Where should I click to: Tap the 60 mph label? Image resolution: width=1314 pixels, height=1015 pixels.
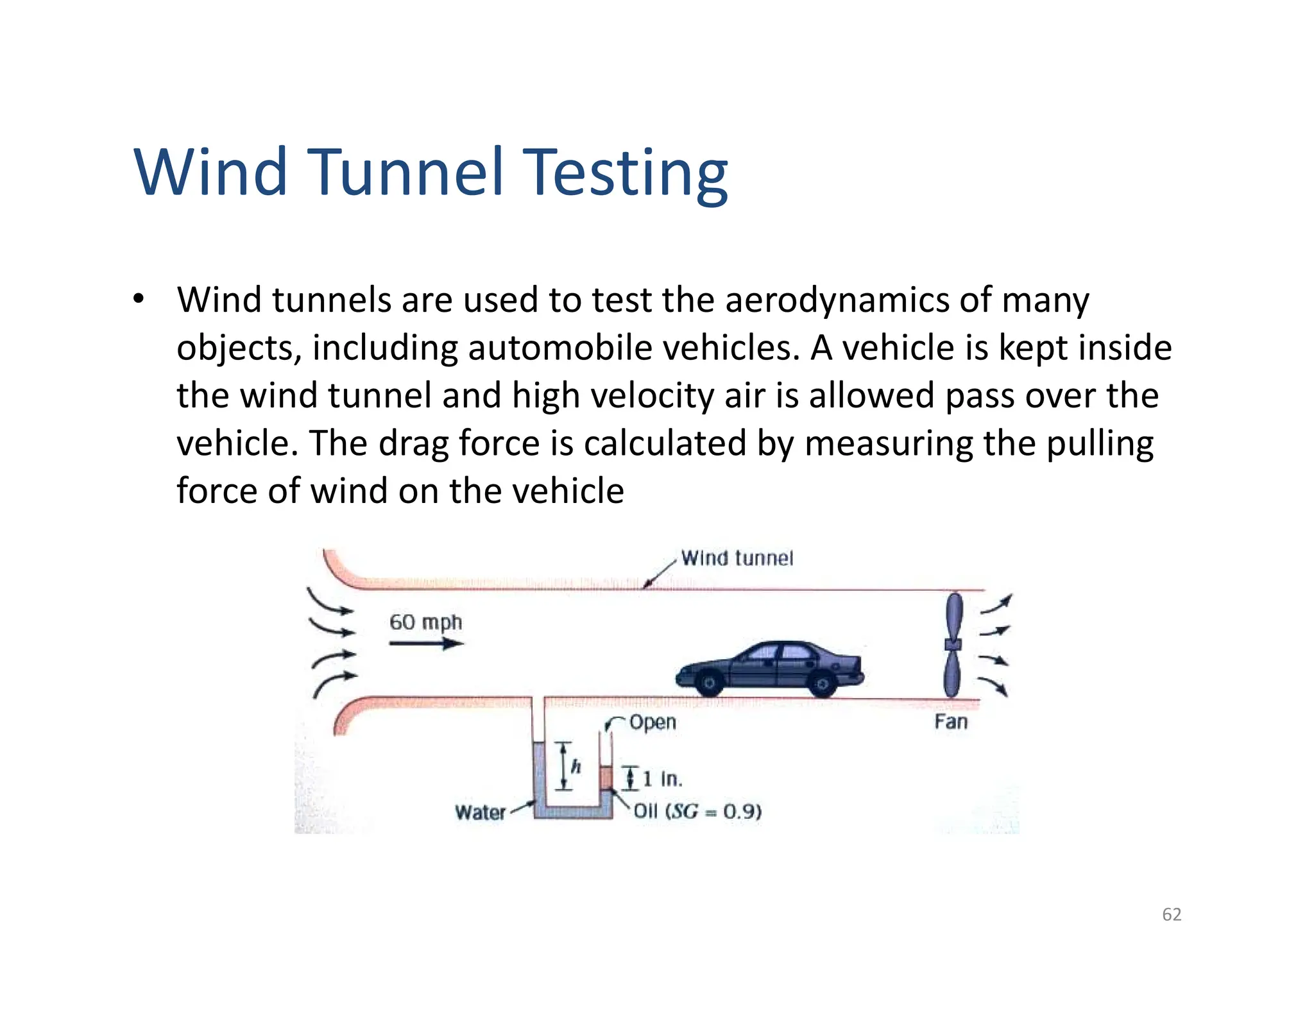tap(425, 622)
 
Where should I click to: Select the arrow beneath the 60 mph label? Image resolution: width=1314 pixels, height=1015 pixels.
tap(426, 643)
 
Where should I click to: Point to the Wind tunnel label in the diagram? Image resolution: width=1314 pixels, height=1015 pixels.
tap(737, 558)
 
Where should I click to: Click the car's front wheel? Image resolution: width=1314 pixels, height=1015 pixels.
tap(709, 683)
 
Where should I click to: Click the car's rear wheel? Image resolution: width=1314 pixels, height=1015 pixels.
tap(822, 684)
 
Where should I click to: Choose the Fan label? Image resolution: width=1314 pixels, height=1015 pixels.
tap(950, 722)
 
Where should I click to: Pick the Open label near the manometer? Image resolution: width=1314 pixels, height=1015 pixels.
tap(653, 722)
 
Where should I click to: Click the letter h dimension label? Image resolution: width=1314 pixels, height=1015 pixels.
tap(576, 766)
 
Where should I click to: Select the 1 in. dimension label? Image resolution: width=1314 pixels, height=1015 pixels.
tap(661, 779)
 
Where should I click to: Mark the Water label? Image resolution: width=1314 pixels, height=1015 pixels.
tap(480, 812)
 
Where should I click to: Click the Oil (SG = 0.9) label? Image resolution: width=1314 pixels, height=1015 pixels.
tap(697, 812)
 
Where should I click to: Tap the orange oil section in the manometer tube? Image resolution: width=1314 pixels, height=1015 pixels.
tap(606, 778)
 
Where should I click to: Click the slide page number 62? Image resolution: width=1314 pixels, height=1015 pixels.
tap(1172, 914)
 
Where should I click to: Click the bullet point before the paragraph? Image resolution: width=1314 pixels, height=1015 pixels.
tap(138, 300)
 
